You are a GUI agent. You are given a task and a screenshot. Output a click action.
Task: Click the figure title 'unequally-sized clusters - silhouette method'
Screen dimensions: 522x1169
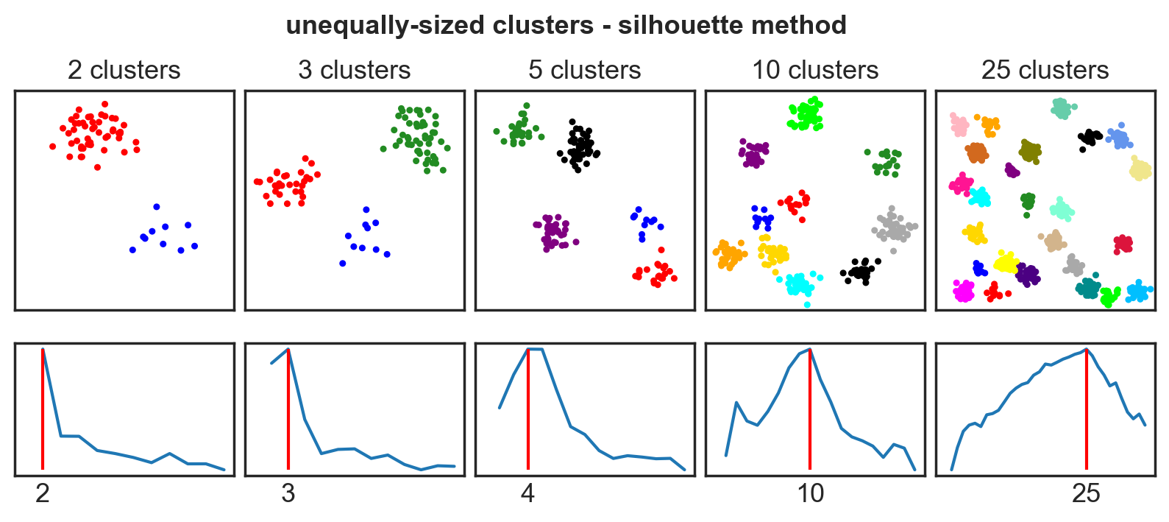566,25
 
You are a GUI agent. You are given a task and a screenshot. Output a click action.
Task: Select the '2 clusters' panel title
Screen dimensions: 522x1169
124,70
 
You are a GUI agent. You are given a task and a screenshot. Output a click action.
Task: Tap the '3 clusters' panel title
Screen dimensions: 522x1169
354,70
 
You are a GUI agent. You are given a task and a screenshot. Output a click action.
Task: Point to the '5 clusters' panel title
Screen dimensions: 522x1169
584,70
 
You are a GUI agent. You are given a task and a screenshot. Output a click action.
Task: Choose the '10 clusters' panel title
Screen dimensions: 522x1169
814,70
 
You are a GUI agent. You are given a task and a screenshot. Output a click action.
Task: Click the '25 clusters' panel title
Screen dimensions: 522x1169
1045,70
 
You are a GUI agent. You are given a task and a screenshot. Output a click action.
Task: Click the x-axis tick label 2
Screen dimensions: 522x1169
43,493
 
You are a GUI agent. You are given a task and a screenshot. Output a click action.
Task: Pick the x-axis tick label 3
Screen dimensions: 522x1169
288,493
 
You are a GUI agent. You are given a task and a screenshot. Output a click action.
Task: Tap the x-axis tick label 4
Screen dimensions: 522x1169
527,493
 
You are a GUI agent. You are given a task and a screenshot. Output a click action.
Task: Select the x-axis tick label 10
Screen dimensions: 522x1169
810,493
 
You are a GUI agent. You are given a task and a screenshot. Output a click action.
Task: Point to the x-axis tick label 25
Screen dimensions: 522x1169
1086,493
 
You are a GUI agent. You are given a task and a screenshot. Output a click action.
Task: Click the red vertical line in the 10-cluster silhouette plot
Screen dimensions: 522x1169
810,412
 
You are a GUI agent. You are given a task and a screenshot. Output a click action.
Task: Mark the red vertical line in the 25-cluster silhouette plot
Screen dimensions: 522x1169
1087,412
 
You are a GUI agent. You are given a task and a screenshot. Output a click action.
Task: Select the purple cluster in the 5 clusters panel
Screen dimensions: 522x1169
552,233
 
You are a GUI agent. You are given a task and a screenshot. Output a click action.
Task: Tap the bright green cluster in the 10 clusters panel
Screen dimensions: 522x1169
806,114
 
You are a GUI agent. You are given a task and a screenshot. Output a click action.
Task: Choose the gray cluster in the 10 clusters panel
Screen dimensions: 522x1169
894,228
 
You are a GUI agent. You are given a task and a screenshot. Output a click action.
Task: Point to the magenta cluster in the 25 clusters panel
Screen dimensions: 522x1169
964,292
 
